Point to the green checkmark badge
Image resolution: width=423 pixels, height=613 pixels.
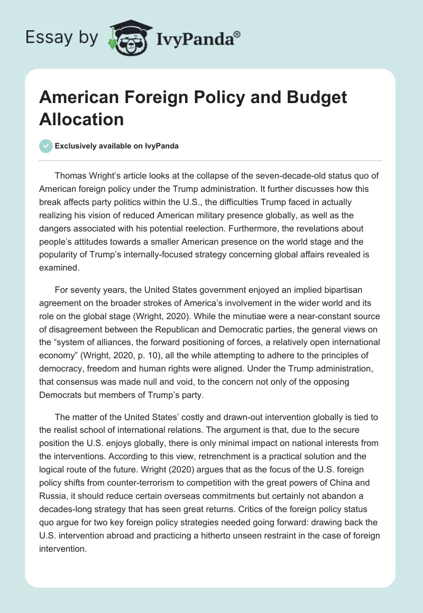[46, 146]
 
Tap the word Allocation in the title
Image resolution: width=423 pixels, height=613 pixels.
[81, 119]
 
